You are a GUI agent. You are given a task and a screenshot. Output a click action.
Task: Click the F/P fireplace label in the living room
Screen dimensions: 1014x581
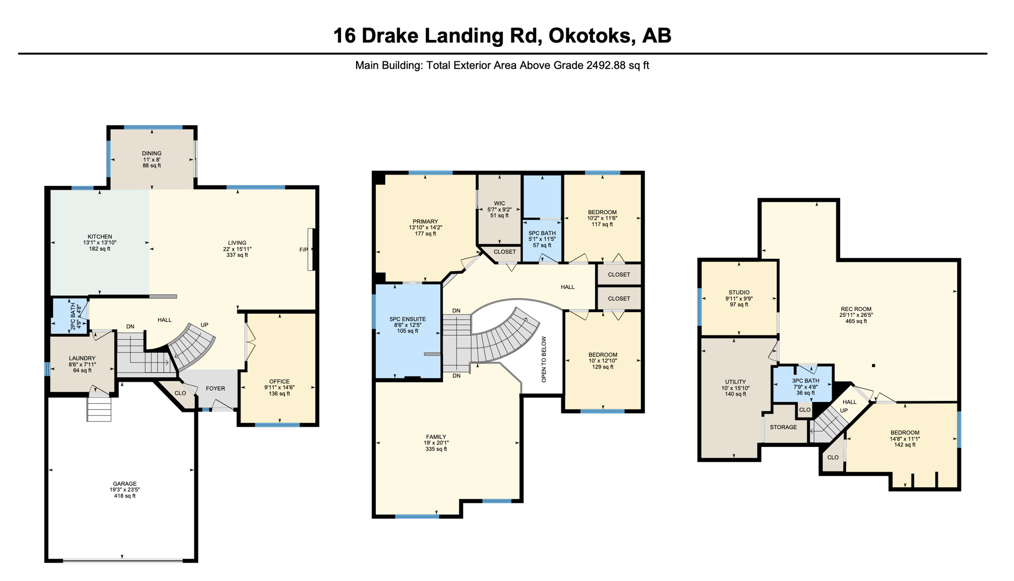pyautogui.click(x=304, y=250)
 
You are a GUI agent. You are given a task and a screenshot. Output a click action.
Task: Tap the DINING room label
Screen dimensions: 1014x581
pyautogui.click(x=152, y=153)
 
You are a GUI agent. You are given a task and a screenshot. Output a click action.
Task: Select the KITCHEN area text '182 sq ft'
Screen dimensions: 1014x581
pyautogui.click(x=100, y=249)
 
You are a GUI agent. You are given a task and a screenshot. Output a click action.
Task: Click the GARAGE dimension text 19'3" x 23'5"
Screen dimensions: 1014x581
pyautogui.click(x=125, y=490)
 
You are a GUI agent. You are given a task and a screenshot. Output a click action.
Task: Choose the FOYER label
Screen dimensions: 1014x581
pyautogui.click(x=215, y=389)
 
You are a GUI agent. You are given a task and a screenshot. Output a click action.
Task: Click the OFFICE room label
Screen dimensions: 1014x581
pyautogui.click(x=279, y=381)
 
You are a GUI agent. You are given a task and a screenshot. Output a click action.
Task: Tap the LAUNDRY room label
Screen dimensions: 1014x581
pyautogui.click(x=82, y=358)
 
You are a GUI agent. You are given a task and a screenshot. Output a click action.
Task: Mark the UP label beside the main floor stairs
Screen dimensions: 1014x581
pyautogui.click(x=204, y=325)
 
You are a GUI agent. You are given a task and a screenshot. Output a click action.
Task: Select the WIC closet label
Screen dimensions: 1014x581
pyautogui.click(x=499, y=203)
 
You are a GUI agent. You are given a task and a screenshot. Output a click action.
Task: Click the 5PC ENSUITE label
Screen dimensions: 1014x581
pyautogui.click(x=407, y=319)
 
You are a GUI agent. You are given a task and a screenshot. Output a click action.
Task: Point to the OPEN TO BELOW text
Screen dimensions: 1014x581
pyautogui.click(x=544, y=359)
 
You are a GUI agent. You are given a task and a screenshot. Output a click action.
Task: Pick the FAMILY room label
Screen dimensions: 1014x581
pyautogui.click(x=436, y=437)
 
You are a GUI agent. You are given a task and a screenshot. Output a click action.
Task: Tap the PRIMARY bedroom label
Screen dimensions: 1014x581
pyautogui.click(x=425, y=222)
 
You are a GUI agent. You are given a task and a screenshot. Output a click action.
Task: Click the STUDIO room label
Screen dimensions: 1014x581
pyautogui.click(x=739, y=292)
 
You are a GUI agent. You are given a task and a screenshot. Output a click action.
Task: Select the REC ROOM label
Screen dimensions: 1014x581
pyautogui.click(x=856, y=309)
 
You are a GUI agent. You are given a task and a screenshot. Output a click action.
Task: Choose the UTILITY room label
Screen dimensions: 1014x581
pyautogui.click(x=735, y=382)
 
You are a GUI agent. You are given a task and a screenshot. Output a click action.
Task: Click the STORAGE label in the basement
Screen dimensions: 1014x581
pyautogui.click(x=783, y=427)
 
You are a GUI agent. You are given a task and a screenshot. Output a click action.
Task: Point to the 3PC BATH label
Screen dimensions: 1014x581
pyautogui.click(x=806, y=381)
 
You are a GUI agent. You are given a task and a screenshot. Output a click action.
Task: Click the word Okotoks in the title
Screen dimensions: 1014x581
pyautogui.click(x=590, y=36)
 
